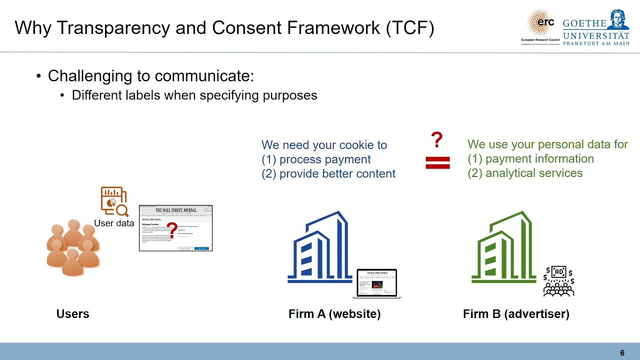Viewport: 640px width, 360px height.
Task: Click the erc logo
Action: [x=541, y=25]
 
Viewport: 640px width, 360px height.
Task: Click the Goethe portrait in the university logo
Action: [x=619, y=20]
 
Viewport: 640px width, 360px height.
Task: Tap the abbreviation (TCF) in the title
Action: [x=410, y=28]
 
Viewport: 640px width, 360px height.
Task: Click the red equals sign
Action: [x=437, y=162]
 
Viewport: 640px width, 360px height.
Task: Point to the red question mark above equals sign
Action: [x=436, y=140]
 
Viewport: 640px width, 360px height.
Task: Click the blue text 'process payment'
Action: [x=325, y=159]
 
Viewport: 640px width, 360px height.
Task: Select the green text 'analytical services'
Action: [x=534, y=173]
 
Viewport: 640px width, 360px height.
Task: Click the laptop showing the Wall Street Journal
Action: [x=376, y=283]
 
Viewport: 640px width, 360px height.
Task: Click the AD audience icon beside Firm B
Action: [x=558, y=281]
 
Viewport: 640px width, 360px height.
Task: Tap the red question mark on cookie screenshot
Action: [x=171, y=230]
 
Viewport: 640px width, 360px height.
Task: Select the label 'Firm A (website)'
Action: [x=334, y=314]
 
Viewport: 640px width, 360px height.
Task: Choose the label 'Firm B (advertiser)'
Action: [x=516, y=314]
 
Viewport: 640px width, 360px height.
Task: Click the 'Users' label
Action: [x=72, y=314]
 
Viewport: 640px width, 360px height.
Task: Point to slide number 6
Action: [x=622, y=353]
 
